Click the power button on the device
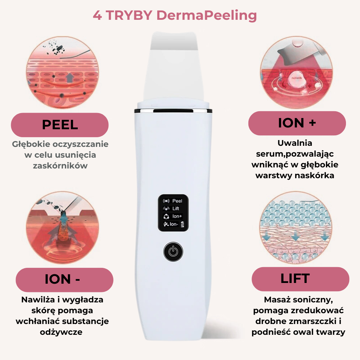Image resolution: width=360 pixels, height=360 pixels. click(x=174, y=252)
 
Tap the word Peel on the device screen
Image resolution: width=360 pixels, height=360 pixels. click(x=177, y=201)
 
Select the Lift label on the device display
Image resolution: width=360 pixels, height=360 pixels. click(x=176, y=208)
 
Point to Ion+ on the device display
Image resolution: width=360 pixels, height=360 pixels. click(x=177, y=216)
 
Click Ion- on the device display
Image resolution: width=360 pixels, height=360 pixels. click(x=174, y=224)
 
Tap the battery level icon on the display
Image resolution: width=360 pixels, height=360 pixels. click(x=183, y=224)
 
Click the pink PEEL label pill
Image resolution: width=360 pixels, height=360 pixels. click(x=60, y=125)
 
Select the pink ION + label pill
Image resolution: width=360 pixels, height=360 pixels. click(x=297, y=123)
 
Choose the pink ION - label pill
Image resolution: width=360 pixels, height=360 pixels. click(x=64, y=280)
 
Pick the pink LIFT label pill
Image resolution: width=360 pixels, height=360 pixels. click(x=300, y=279)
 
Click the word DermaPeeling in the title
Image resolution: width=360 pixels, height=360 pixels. click(x=206, y=15)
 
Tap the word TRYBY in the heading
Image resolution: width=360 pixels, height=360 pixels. click(x=129, y=15)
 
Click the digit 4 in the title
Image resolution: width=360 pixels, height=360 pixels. click(x=97, y=15)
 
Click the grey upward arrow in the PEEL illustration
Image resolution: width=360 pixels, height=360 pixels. click(x=70, y=78)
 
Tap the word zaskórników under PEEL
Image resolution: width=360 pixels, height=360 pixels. click(x=60, y=166)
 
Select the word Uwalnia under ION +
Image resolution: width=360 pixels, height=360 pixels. click(x=295, y=143)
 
